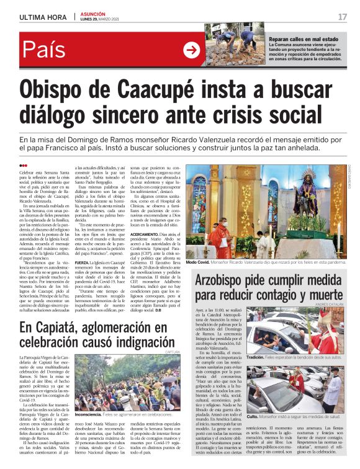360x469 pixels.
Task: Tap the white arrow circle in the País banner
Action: click(192, 49)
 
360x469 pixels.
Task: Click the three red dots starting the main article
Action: click(23, 164)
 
